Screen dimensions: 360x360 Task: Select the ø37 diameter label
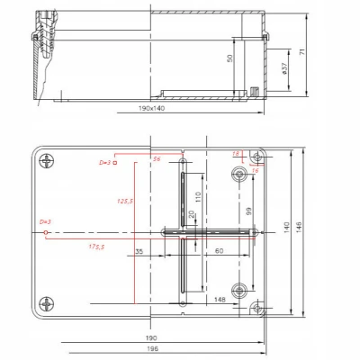point(285,67)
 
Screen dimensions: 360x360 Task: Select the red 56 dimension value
point(157,158)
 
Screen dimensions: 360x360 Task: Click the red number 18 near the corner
point(237,155)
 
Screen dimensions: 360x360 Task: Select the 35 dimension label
point(139,251)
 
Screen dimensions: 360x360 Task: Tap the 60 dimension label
point(219,251)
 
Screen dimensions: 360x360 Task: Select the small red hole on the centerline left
point(45,232)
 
